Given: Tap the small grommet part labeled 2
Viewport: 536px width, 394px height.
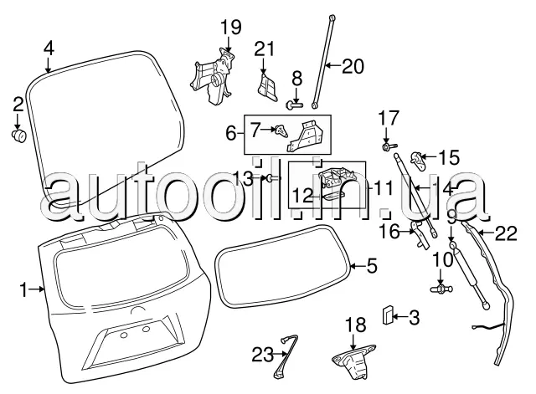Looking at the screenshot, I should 18,134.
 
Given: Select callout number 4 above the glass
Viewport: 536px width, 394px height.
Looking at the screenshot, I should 49,47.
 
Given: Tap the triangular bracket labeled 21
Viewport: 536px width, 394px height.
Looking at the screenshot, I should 266,86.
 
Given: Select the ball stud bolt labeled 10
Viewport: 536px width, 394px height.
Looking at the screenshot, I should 439,289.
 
